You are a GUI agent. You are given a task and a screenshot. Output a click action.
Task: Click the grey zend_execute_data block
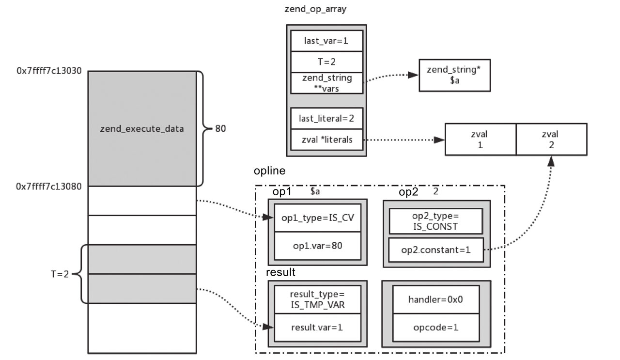coord(142,129)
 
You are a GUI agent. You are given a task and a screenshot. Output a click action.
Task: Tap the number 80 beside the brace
coord(220,129)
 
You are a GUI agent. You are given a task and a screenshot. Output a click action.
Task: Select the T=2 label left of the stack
coord(60,274)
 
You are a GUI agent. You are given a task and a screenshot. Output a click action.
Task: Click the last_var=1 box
coord(326,41)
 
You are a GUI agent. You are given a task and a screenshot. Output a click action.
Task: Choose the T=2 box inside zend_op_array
coord(326,62)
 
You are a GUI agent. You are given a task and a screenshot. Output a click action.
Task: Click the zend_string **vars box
coord(326,82)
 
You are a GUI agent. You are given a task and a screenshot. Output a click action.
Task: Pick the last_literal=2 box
coord(326,119)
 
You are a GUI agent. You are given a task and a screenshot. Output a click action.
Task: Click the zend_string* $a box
coord(454,75)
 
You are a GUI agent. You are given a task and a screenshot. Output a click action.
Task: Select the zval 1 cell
coord(480,139)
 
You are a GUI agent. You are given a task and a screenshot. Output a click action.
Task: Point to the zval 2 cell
coord(551,139)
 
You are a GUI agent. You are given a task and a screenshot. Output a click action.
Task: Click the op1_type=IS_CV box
coord(318,218)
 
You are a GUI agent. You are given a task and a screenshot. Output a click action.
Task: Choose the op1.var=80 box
coord(318,245)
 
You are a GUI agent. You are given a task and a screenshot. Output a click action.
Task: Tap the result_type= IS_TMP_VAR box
coord(318,299)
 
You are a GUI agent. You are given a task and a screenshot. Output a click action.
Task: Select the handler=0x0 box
coord(436,299)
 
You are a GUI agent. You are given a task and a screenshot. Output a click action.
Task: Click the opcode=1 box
coord(436,327)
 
